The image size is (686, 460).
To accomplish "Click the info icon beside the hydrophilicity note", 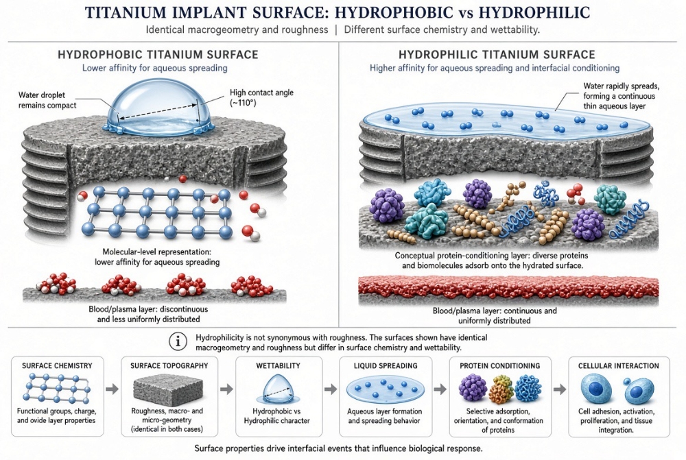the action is (178, 342).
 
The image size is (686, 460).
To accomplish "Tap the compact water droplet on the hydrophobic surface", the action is (159, 107).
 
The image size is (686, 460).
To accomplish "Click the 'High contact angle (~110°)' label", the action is (261, 97).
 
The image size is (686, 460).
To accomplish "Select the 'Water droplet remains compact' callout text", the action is (47, 100).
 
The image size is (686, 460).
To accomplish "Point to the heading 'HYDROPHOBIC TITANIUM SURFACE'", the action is (158, 55).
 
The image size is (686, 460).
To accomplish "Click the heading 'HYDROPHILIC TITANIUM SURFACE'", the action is (497, 55).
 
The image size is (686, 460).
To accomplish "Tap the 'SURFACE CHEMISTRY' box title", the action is (58, 365).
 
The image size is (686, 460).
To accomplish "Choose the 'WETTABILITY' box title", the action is (279, 365).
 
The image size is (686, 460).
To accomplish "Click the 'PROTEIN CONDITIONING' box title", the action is (500, 365).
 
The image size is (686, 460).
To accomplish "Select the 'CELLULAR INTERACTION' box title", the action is (619, 365).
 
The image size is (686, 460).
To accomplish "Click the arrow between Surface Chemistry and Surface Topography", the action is (113, 389).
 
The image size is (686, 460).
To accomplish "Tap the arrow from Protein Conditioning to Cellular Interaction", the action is (560, 389).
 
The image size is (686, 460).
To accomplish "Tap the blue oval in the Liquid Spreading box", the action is (385, 389).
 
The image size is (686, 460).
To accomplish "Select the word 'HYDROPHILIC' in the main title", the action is (534, 12).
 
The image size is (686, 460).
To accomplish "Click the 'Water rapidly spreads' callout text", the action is (622, 86).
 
